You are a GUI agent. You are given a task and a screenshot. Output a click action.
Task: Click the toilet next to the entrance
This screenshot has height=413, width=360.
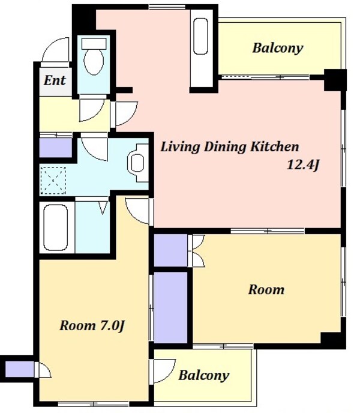click(x=94, y=56)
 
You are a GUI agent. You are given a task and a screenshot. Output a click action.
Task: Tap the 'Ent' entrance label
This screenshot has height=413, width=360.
click(x=55, y=80)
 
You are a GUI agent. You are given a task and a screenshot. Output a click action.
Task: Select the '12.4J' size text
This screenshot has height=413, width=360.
click(x=303, y=165)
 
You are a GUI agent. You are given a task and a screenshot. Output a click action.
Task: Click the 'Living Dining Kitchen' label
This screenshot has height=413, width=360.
click(x=230, y=146)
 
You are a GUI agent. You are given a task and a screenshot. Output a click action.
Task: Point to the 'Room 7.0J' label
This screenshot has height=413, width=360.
click(x=92, y=325)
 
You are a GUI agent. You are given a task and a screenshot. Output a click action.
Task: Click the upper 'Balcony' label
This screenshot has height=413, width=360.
click(x=278, y=48)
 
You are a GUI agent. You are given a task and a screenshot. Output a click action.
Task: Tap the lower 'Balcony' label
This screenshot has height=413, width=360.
click(x=204, y=375)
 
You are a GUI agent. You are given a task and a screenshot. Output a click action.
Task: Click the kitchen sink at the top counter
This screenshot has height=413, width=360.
click(x=200, y=37)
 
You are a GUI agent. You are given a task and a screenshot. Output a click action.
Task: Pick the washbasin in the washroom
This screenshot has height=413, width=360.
click(x=137, y=163)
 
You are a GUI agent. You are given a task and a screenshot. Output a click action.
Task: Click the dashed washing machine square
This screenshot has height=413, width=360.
click(x=53, y=181)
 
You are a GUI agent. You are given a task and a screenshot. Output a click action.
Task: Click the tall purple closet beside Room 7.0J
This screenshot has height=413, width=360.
click(x=170, y=307)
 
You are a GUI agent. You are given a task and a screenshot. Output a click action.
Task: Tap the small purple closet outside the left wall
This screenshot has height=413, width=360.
click(x=19, y=369)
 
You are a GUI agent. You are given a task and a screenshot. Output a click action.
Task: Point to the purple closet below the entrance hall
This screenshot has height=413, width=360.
click(x=56, y=148)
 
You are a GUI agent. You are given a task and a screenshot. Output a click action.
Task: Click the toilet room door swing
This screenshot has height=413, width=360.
click(x=92, y=110)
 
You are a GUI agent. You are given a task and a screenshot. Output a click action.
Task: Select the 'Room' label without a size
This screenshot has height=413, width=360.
click(x=266, y=289)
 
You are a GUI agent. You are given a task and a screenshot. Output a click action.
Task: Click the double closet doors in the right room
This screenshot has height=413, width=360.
click(x=196, y=251)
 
